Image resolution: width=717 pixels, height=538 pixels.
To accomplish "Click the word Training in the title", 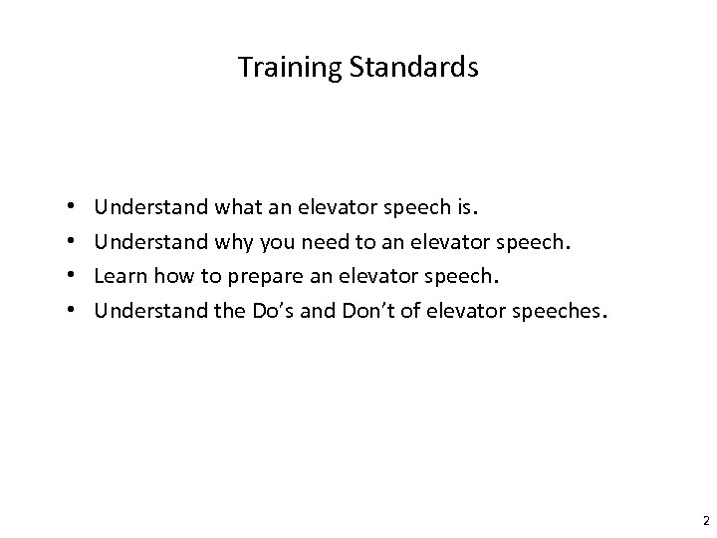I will click(x=280, y=68).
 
